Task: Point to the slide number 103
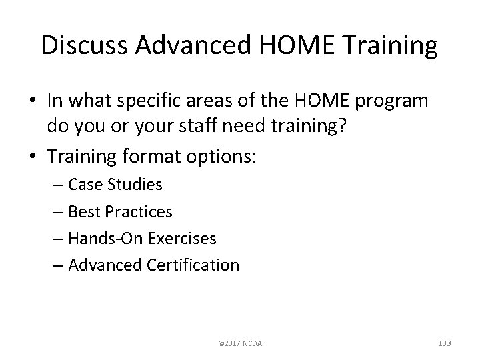(444, 343)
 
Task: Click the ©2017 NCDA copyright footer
(240, 343)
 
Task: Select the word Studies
(138, 185)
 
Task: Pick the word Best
(85, 212)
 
